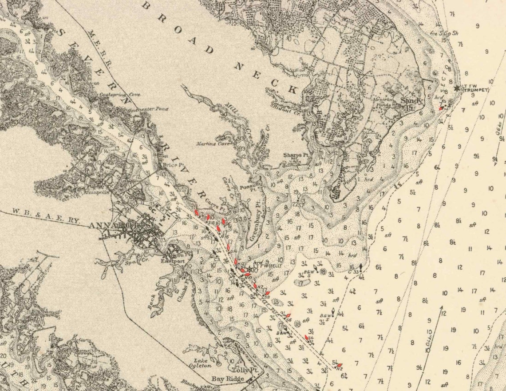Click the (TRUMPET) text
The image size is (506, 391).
[475, 90]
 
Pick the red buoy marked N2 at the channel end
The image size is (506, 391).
[339, 366]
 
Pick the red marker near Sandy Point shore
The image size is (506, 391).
[441, 108]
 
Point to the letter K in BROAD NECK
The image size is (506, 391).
[292, 89]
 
